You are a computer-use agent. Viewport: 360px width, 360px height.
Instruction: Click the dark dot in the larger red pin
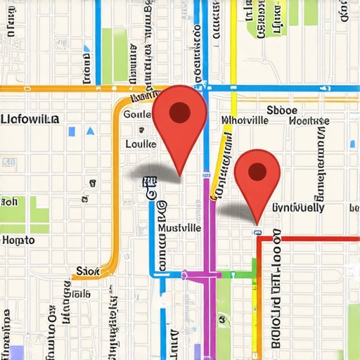[180, 111]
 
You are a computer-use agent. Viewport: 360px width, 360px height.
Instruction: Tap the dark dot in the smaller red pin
[258, 171]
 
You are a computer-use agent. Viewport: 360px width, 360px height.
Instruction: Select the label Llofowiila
[30, 119]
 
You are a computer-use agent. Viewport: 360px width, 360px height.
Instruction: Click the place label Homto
[18, 240]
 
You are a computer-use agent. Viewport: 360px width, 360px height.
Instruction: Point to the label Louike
[140, 143]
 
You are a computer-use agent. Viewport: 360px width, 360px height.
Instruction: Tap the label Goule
[137, 114]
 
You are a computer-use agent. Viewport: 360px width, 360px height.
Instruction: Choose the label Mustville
[179, 229]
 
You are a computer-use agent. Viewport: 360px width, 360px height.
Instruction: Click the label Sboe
[282, 110]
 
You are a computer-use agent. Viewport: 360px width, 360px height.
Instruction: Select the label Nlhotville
[245, 120]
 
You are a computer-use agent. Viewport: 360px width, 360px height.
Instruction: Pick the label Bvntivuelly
[297, 207]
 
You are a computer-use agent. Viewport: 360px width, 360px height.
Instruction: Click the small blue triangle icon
[90, 131]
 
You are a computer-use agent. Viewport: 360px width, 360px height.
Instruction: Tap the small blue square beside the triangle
[72, 131]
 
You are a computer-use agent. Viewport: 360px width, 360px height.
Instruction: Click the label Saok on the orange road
[87, 271]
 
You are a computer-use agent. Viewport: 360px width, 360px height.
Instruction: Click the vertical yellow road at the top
[233, 42]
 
